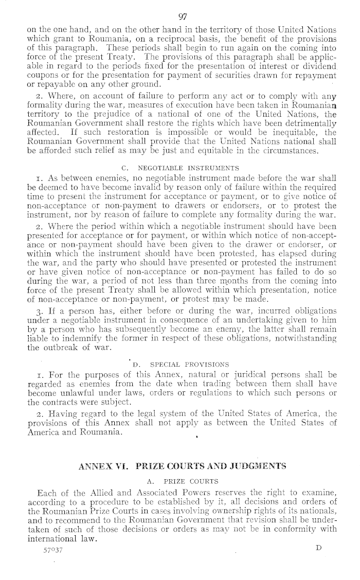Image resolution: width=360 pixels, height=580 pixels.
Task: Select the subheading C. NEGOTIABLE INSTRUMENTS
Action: (x=180, y=167)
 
